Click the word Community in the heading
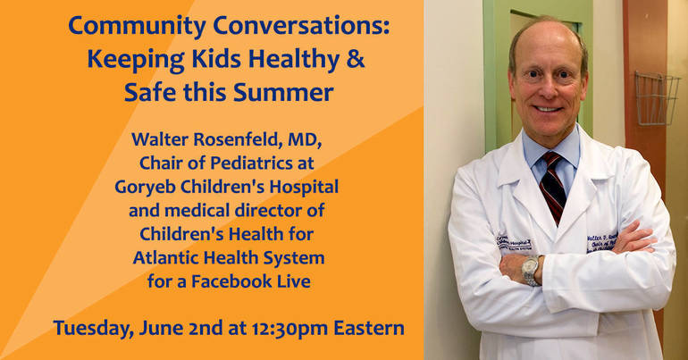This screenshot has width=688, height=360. click(x=137, y=26)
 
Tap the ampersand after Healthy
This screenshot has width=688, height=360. click(x=356, y=59)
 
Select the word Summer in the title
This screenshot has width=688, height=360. click(x=283, y=92)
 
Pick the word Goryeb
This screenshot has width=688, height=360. click(x=146, y=188)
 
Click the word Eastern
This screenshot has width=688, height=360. click(x=369, y=328)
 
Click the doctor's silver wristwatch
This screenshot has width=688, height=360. click(x=531, y=270)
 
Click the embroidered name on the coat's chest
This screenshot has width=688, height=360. click(x=601, y=242)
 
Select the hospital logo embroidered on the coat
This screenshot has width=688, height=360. click(x=514, y=242)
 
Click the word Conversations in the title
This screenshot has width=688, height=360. click(x=301, y=26)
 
